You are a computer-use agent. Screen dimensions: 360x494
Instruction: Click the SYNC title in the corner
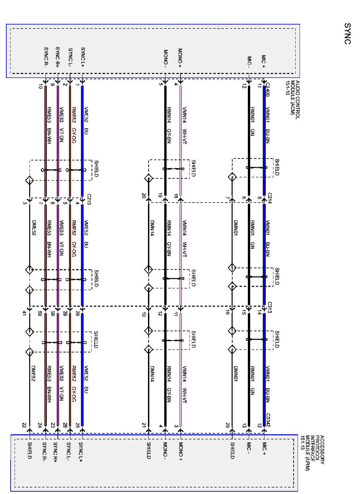(347, 33)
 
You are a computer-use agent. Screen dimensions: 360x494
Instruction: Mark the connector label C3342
(268, 420)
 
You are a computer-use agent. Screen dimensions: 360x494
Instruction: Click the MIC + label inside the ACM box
(264, 62)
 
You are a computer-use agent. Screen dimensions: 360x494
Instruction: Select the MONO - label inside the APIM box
(165, 450)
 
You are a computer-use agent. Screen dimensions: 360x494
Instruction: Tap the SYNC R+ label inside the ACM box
(57, 57)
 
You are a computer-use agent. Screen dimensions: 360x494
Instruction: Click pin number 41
(24, 313)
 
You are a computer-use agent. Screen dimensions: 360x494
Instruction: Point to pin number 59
(40, 313)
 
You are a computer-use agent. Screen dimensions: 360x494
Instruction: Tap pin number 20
(144, 196)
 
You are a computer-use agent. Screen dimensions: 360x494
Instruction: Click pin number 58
(52, 313)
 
